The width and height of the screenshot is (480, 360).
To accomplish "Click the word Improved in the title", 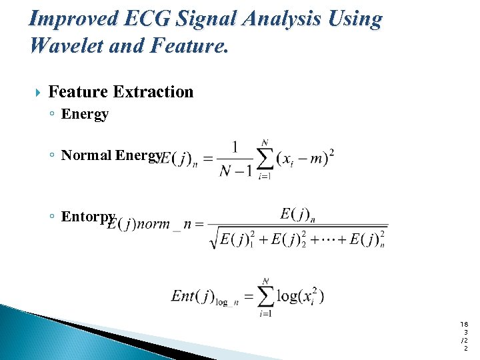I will [73, 19].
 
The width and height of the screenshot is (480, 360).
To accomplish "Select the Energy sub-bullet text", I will [85, 114].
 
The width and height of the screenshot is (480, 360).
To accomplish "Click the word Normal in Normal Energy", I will [87, 155].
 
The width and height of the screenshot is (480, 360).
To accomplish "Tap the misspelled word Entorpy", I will [89, 217].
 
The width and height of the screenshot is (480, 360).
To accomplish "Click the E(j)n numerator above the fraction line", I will [297, 214].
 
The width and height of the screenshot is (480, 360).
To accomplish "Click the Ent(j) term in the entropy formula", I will [192, 296].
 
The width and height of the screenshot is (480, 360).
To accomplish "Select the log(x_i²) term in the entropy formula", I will [301, 296].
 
